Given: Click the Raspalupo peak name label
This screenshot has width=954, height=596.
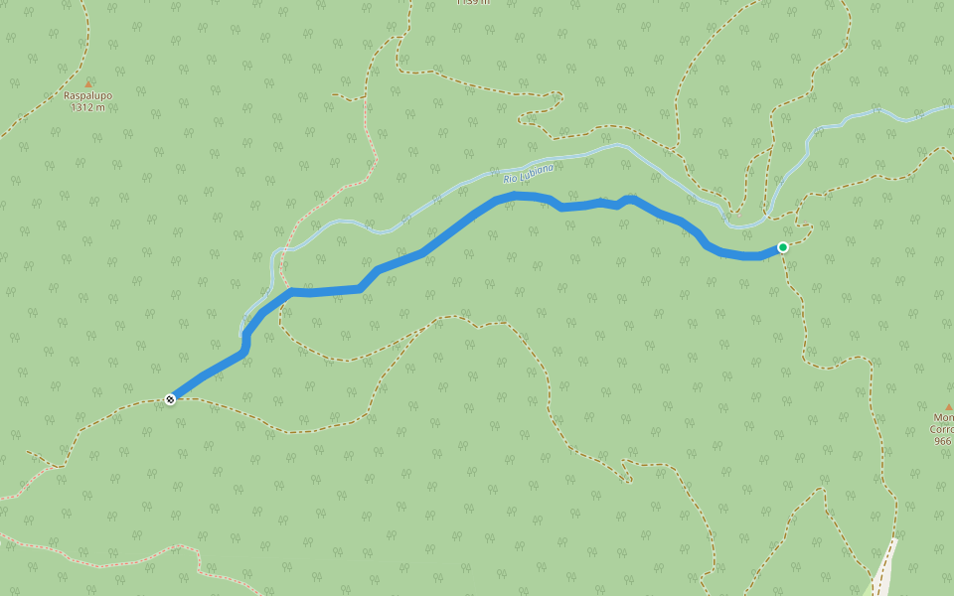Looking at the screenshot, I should click(87, 96).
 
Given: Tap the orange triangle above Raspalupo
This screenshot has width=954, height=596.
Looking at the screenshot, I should click(88, 83).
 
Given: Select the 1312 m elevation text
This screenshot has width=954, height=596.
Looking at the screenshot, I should click(87, 107).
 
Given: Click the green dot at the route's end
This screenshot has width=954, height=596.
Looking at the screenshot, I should click(783, 247).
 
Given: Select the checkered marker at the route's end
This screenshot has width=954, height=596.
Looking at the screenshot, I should click(171, 399).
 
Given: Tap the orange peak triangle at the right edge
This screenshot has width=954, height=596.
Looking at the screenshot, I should click(948, 407).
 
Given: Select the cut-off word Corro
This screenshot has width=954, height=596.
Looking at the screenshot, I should click(942, 430).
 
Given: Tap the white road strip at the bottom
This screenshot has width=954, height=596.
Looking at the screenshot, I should click(883, 571).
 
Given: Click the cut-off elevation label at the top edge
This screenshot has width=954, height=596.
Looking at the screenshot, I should click(473, 3).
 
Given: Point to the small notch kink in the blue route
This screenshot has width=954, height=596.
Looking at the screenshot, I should click(622, 204).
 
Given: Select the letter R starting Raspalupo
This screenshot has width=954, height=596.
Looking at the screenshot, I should click(67, 96).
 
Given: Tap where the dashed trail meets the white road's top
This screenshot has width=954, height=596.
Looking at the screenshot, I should click(892, 542).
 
